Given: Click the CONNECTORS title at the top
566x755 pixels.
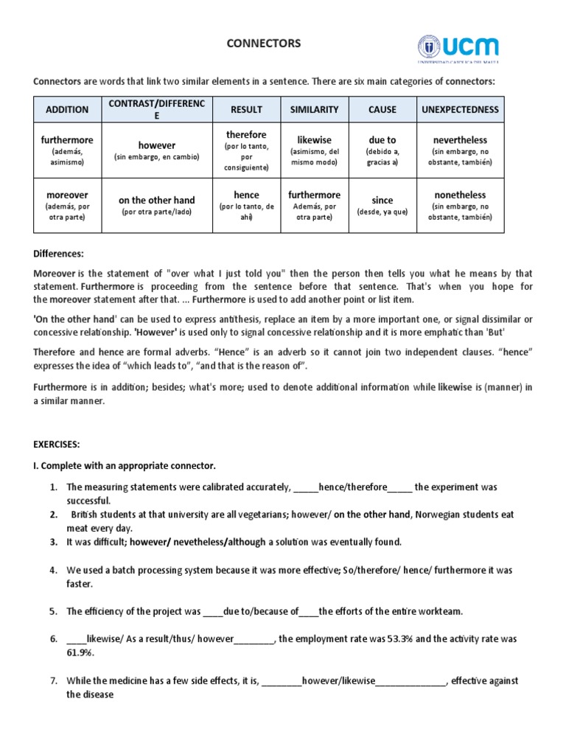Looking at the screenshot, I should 263,44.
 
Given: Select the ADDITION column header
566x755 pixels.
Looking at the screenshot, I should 67,109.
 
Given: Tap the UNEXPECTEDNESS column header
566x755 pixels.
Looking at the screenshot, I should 460,109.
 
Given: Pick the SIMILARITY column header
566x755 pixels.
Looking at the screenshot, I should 314,109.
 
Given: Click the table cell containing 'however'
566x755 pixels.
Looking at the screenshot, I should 157,150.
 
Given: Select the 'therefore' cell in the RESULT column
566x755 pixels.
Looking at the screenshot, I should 247,150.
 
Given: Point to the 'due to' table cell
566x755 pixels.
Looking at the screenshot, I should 382,150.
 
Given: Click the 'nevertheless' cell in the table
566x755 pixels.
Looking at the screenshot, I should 460,150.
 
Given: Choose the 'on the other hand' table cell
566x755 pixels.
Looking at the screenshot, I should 157,205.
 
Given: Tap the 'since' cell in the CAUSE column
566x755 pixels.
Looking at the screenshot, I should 382,205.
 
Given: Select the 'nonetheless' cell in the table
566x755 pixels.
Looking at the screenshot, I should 460,205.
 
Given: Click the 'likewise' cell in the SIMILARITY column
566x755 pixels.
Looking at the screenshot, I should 314,150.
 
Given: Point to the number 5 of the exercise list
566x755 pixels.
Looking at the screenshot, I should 53,611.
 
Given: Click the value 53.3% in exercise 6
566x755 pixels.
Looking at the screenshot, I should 404,639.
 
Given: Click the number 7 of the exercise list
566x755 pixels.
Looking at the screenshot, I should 53,681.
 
